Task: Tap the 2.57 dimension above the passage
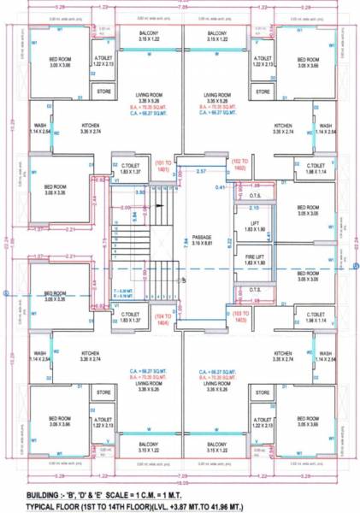click(x=202, y=172)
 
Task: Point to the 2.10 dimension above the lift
click(x=253, y=207)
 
